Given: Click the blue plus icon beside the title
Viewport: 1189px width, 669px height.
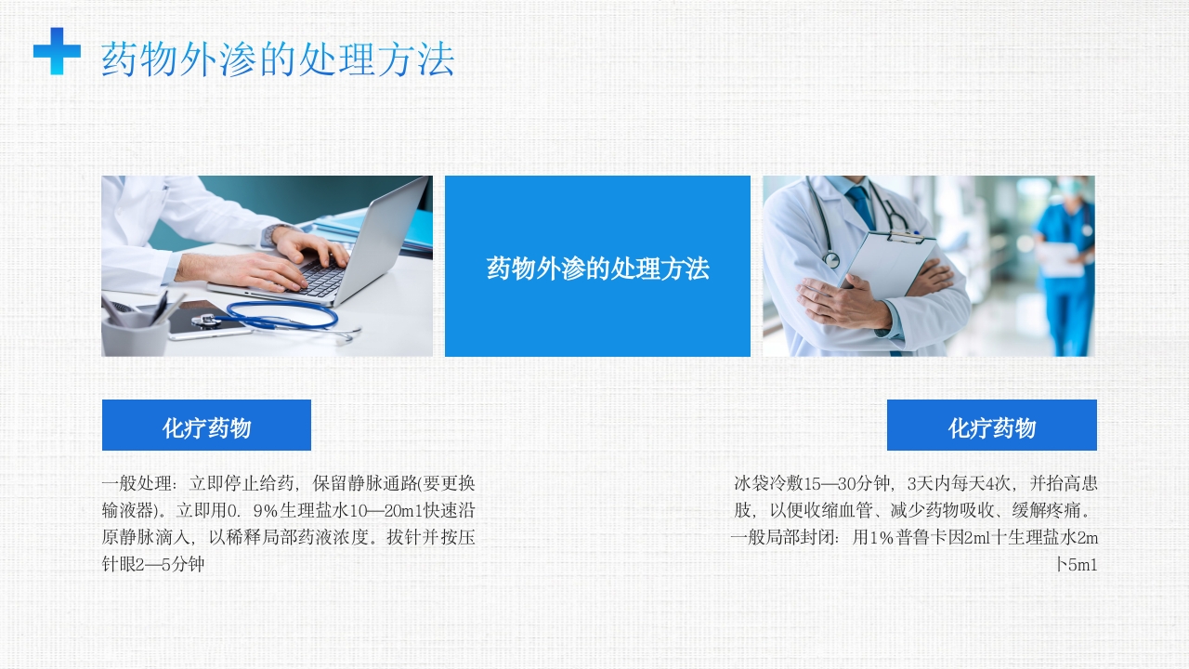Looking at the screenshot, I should [57, 51].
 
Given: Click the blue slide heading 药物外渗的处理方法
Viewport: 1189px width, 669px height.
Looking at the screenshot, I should [278, 59].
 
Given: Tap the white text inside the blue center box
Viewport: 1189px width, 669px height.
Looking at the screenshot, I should [597, 269].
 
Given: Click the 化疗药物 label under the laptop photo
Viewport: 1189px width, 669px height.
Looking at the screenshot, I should [206, 427].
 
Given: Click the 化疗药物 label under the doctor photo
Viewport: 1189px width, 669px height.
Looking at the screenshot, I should [991, 427].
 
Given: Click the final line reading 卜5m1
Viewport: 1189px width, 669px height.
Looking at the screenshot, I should [1076, 564].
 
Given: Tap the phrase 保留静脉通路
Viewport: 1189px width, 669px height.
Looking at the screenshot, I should [364, 483].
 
